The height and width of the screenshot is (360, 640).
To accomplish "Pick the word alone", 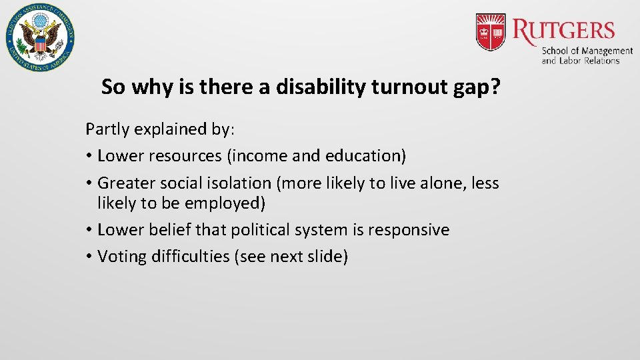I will click(x=443, y=183).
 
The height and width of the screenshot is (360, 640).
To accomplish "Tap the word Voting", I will click(x=123, y=257).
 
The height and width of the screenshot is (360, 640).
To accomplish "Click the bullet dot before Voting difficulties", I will click(x=89, y=257).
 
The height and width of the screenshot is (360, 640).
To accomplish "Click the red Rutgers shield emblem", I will click(x=491, y=33).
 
